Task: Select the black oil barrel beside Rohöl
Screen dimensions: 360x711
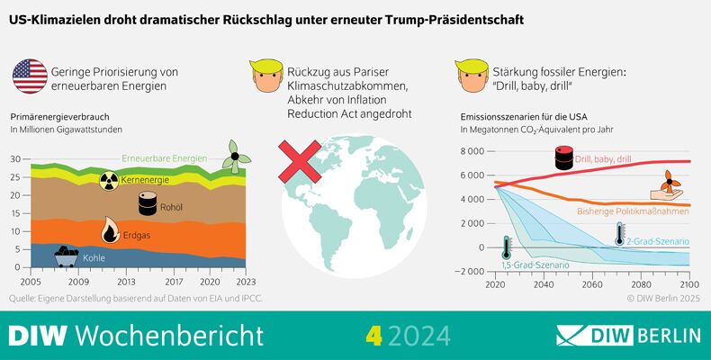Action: [x=148, y=204]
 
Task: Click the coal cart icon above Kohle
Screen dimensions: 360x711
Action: [x=66, y=256]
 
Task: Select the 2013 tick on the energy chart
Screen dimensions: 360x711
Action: [x=126, y=282]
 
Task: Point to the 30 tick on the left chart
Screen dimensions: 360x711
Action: [x=15, y=159]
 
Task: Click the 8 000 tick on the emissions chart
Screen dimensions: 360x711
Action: [x=472, y=150]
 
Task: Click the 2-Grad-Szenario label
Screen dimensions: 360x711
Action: [x=657, y=241]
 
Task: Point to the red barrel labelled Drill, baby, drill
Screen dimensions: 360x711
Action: [x=563, y=158]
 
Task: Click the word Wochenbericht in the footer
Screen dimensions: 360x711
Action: [x=170, y=336]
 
